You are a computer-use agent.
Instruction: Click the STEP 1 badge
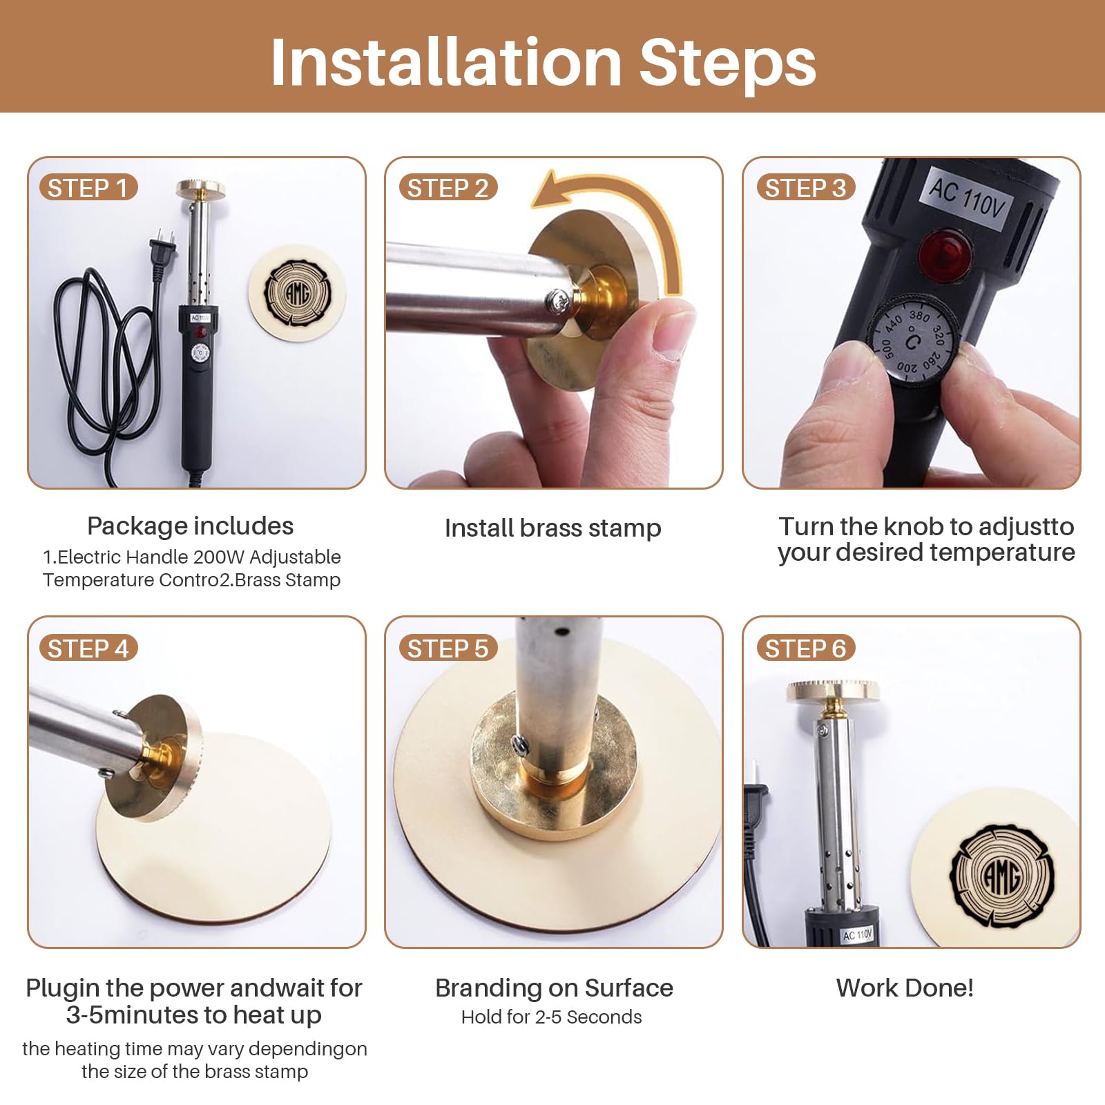click(x=88, y=188)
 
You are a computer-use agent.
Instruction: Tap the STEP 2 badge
click(x=448, y=188)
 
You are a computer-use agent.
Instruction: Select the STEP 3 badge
click(x=805, y=188)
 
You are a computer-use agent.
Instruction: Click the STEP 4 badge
click(x=88, y=648)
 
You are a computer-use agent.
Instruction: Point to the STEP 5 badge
click(x=448, y=648)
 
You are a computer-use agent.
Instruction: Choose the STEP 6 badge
click(x=805, y=648)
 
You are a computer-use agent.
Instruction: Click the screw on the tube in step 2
click(x=557, y=299)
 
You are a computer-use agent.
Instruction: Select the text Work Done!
click(x=905, y=988)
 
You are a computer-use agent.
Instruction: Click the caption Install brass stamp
click(x=552, y=528)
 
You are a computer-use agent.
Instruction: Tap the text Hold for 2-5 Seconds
click(x=551, y=1017)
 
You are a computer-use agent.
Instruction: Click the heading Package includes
click(x=190, y=526)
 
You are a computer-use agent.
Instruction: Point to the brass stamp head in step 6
click(x=834, y=691)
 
